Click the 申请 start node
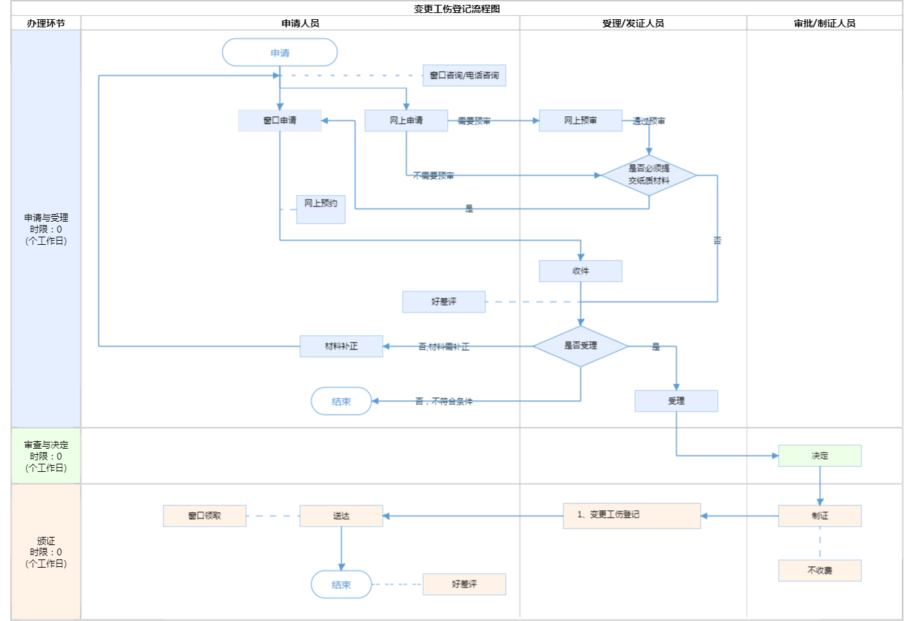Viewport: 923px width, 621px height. pyautogui.click(x=280, y=53)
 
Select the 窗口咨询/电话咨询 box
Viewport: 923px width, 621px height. pyautogui.click(x=464, y=75)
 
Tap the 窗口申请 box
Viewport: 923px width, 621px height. pyautogui.click(x=280, y=120)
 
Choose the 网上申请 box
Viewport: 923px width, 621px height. pyautogui.click(x=406, y=120)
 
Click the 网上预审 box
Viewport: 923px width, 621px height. pyautogui.click(x=580, y=120)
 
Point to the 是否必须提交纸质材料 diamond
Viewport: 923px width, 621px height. pyautogui.click(x=649, y=175)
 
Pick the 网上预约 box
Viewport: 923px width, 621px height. pyautogui.click(x=321, y=209)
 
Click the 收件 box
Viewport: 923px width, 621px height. pyautogui.click(x=580, y=271)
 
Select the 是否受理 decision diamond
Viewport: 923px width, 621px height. pyautogui.click(x=580, y=346)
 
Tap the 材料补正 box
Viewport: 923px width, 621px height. pyautogui.click(x=341, y=346)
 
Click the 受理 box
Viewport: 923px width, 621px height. pyautogui.click(x=676, y=401)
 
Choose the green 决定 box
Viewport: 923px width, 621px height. pyautogui.click(x=820, y=455)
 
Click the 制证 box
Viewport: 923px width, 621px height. pyautogui.click(x=820, y=516)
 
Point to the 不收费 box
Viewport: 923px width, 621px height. pyautogui.click(x=820, y=570)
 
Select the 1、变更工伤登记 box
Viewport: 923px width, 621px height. pyautogui.click(x=632, y=516)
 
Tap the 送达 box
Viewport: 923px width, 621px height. pyautogui.click(x=341, y=516)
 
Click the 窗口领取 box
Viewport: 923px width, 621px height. pyautogui.click(x=204, y=516)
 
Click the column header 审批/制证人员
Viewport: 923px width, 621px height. pyautogui.click(x=825, y=23)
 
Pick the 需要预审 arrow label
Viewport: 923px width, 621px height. pyautogui.click(x=474, y=121)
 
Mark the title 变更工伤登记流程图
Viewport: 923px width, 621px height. pyautogui.click(x=457, y=9)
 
